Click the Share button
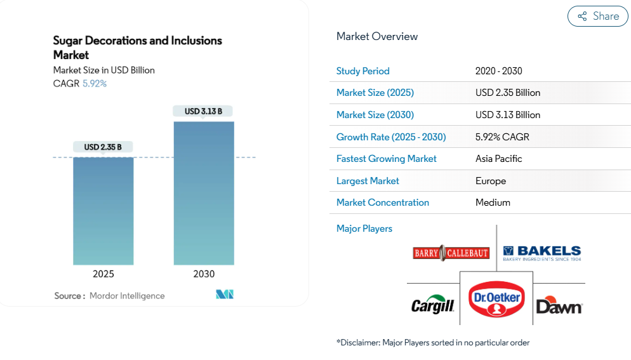click(597, 17)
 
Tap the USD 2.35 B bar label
click(103, 147)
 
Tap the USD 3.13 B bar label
click(203, 111)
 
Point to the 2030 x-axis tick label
click(204, 274)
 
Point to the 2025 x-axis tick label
click(103, 274)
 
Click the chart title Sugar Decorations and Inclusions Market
click(137, 48)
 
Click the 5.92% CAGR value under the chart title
click(95, 83)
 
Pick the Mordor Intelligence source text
click(127, 296)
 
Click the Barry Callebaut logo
click(451, 253)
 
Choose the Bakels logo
click(541, 253)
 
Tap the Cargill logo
click(433, 306)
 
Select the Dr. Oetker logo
click(496, 298)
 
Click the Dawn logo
click(559, 306)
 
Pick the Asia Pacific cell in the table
click(498, 159)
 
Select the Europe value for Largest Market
click(491, 181)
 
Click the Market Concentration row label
click(382, 203)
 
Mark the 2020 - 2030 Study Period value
click(498, 71)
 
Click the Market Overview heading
click(377, 36)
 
